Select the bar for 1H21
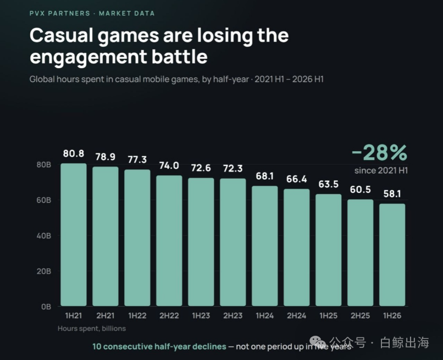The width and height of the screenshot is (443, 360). click(74, 235)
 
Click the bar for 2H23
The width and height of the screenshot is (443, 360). click(233, 242)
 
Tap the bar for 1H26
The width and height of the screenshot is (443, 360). click(392, 254)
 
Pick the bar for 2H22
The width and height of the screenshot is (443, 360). click(169, 241)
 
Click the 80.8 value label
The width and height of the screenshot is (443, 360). click(74, 153)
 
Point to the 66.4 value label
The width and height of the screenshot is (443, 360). click(296, 179)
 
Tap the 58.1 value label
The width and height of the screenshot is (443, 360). click(392, 193)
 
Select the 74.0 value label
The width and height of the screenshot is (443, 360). click(169, 165)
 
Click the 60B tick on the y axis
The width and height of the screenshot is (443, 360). click(44, 200)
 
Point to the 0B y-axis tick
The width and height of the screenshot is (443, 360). click(46, 307)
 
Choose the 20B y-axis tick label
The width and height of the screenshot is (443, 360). click(44, 272)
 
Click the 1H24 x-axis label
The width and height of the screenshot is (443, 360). click(265, 315)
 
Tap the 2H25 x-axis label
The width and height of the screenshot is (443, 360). click(360, 315)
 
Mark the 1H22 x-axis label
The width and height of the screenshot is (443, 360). click(137, 315)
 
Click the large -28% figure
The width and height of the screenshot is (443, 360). click(379, 153)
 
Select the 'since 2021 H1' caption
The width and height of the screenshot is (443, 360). click(381, 170)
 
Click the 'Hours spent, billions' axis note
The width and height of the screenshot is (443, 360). click(92, 328)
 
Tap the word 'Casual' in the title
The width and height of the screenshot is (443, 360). click(62, 35)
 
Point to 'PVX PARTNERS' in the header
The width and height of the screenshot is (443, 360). click(59, 13)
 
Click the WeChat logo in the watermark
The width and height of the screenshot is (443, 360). click(318, 342)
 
